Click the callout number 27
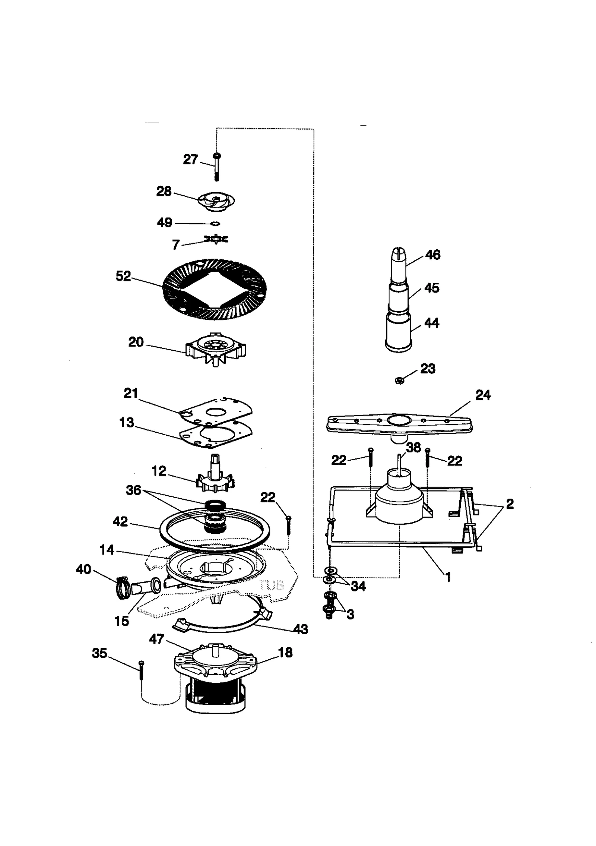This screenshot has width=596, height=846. (190, 160)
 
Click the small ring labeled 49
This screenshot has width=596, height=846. (215, 223)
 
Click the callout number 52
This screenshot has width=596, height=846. (123, 276)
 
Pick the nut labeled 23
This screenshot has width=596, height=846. (399, 381)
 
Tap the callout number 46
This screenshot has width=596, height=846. (432, 255)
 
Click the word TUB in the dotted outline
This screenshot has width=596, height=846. (273, 585)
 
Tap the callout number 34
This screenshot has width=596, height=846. (358, 586)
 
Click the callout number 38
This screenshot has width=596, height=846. (413, 447)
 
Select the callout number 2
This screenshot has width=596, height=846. (510, 504)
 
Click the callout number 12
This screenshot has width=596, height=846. (159, 471)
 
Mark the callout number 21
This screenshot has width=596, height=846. (131, 393)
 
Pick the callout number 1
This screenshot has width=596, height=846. (448, 577)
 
